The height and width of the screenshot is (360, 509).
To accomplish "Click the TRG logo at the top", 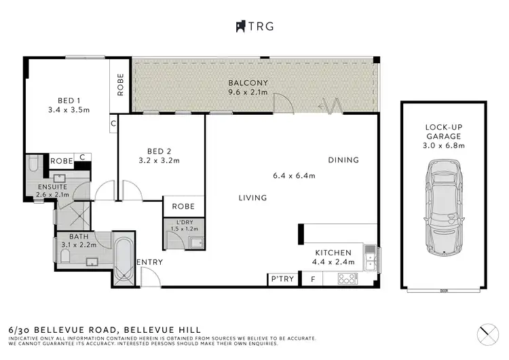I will point(254,26).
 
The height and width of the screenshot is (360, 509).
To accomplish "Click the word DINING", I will point(343,160).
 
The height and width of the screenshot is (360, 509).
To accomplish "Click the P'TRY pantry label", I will point(282,278).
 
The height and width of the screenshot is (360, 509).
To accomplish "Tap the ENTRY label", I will point(149,262).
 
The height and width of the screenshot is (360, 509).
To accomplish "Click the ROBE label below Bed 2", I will point(183,206).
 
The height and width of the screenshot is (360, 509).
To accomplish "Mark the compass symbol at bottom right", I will point(485,334).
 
